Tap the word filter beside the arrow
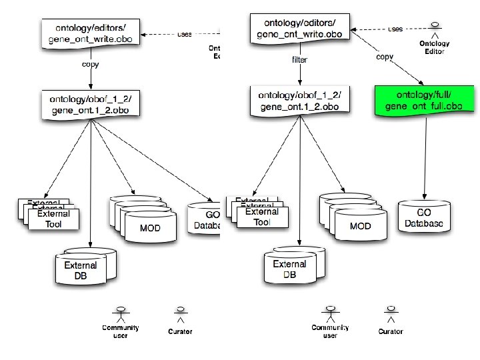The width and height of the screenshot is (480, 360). [x=300, y=59]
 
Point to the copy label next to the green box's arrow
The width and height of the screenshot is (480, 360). [x=385, y=57]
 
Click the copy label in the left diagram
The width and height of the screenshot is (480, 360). [x=91, y=64]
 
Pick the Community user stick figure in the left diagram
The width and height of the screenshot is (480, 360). [x=121, y=313]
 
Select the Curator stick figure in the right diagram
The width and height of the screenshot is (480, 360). [x=391, y=313]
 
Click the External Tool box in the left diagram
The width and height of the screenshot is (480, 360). [x=53, y=219]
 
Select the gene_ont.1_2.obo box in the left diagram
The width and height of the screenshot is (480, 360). [x=91, y=105]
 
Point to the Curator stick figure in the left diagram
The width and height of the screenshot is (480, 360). [x=180, y=313]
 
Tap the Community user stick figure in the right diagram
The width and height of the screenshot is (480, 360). [x=330, y=313]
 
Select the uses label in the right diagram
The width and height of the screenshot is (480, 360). [x=395, y=29]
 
